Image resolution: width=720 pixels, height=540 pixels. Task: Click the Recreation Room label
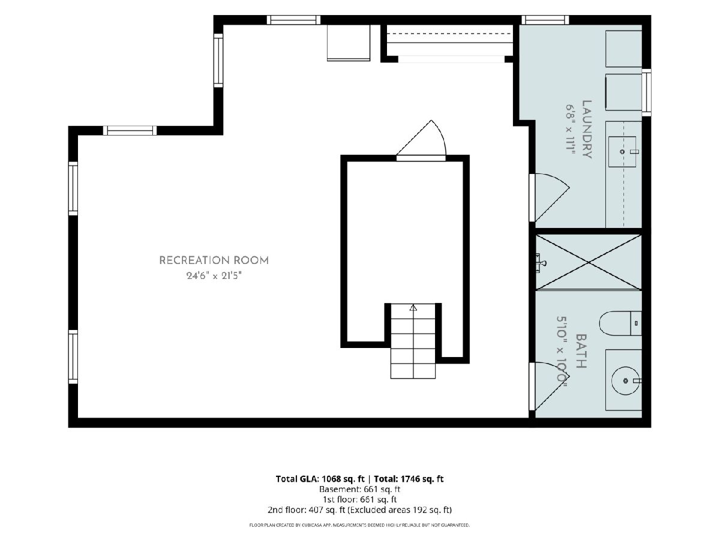[x=214, y=260]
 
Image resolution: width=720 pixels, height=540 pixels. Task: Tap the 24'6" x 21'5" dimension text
[x=214, y=275]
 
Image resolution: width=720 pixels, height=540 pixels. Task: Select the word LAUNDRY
[x=587, y=130]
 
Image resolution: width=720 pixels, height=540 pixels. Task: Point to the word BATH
[x=581, y=351]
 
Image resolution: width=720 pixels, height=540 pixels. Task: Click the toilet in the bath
[x=620, y=323]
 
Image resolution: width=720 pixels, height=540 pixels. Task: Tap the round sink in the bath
[x=625, y=380]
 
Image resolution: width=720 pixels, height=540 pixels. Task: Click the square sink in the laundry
[x=622, y=152]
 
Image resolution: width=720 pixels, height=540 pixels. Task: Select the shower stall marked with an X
[x=589, y=262]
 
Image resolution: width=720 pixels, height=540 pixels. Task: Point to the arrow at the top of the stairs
[x=413, y=308]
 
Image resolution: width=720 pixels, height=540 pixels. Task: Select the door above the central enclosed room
[x=421, y=141]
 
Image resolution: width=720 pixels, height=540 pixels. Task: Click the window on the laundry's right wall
[x=646, y=92]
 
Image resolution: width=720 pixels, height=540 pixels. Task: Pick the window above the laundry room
[x=545, y=20]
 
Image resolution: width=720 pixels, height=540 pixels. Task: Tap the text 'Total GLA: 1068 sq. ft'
[x=320, y=479]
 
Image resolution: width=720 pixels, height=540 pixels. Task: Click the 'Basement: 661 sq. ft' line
[x=359, y=490]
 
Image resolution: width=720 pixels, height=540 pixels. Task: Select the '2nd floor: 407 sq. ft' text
[x=307, y=510]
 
